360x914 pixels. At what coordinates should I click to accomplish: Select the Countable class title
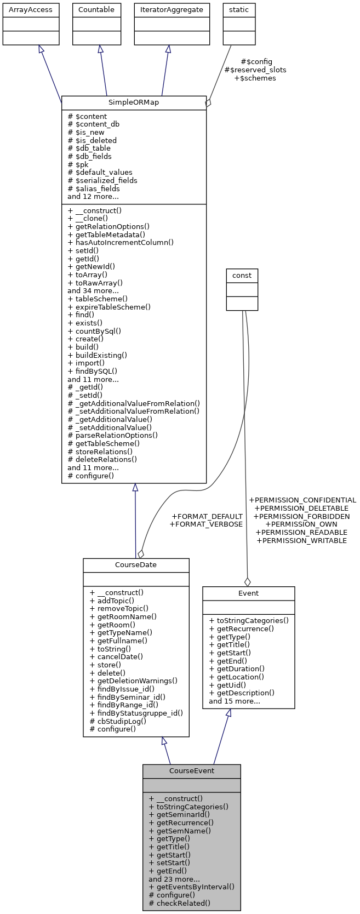(x=96, y=9)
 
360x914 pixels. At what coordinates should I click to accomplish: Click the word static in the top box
(x=239, y=9)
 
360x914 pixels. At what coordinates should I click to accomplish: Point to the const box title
(x=242, y=275)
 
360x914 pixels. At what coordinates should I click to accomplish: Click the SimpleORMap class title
(x=134, y=102)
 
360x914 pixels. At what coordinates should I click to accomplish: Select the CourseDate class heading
(x=136, y=565)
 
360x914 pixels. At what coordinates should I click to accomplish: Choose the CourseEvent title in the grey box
(x=191, y=770)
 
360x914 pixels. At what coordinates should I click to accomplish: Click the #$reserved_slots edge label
(x=255, y=70)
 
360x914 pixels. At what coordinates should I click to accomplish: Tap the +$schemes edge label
(x=255, y=78)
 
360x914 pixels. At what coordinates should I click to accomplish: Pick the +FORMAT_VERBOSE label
(x=206, y=524)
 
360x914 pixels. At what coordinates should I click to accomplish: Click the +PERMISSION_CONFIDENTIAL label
(x=302, y=500)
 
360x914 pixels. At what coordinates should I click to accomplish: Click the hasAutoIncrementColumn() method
(x=121, y=242)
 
